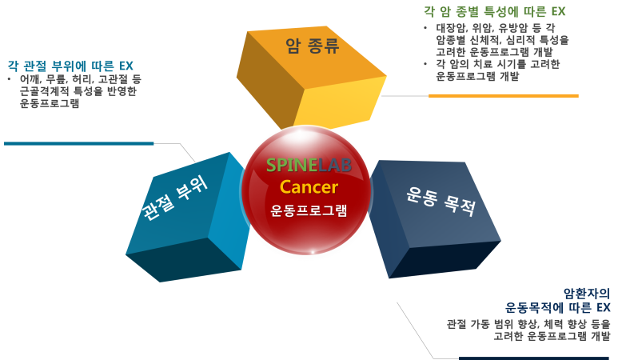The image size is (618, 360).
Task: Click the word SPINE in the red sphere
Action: tap(287, 166)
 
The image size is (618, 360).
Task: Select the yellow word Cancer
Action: tap(309, 187)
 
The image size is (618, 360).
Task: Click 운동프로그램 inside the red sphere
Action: tap(309, 211)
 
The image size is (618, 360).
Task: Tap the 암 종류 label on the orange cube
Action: tap(313, 46)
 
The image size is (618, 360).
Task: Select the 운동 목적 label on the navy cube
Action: tap(440, 201)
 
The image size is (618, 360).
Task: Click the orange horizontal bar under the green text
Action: tap(503, 96)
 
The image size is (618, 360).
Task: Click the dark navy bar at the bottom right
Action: tap(536, 358)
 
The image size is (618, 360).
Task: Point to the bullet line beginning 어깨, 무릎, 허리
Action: tap(81, 79)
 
